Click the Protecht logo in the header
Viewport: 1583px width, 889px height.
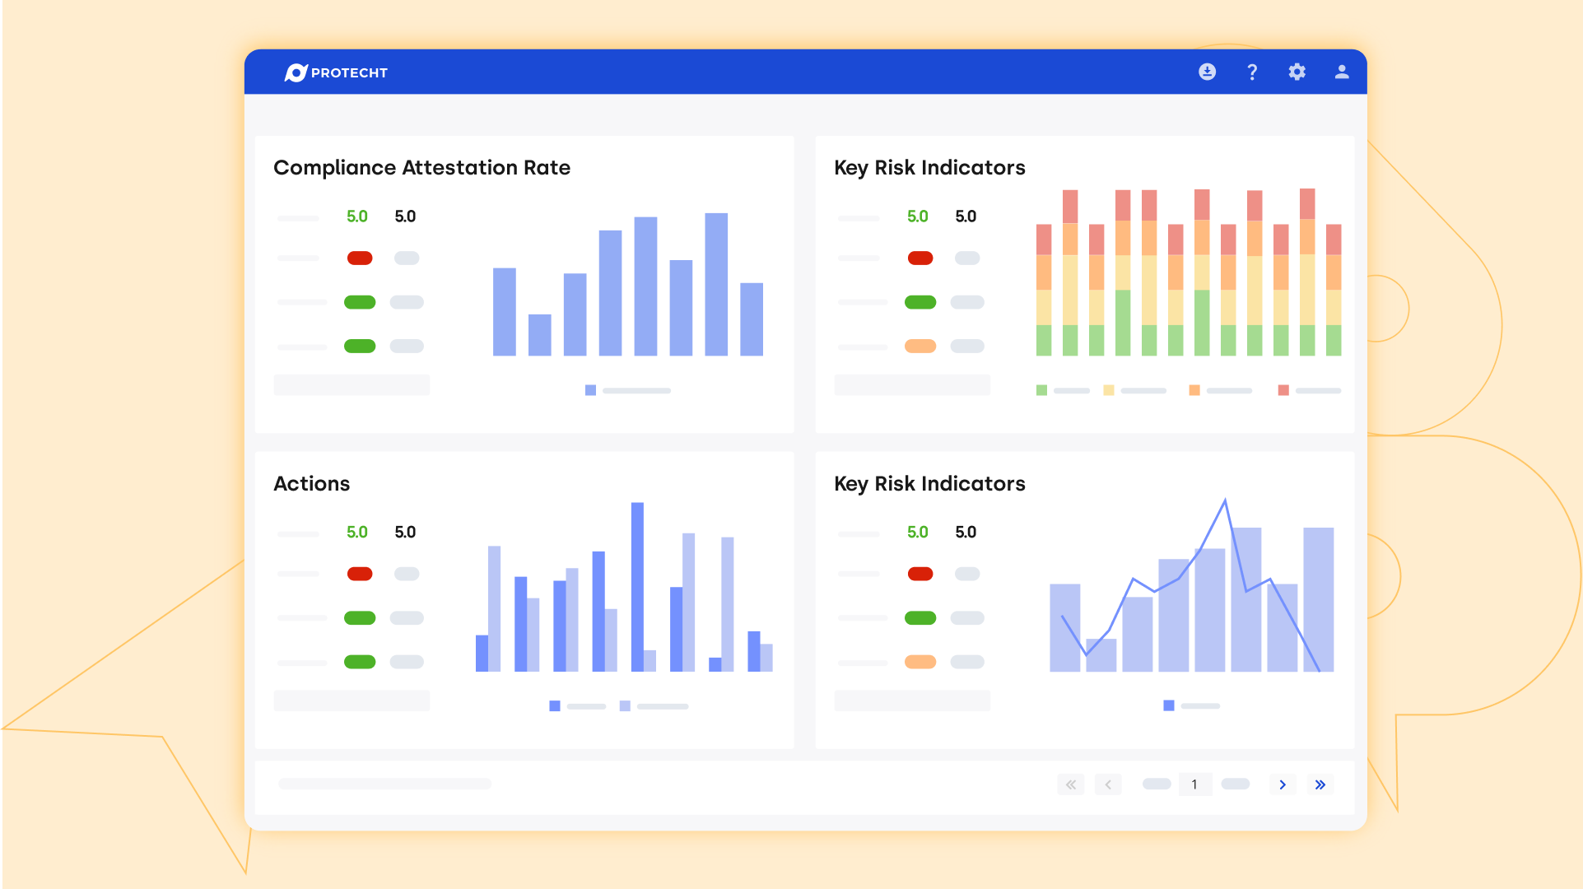coord(336,72)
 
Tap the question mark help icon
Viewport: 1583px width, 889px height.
coord(1252,72)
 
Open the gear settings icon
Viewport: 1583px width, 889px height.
coord(1297,72)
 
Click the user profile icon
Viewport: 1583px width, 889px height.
coord(1342,72)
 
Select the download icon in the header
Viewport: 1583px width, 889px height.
coord(1207,72)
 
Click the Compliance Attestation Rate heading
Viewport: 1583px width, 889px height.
coord(421,168)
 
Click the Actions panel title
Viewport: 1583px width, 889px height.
coord(311,484)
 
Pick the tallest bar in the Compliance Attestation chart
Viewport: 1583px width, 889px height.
coord(716,284)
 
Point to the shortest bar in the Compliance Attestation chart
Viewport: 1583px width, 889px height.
coord(539,335)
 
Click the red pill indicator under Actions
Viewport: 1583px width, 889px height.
coord(360,574)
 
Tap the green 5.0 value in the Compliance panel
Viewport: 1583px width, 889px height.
coord(356,216)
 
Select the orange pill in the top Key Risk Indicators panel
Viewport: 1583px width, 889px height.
coord(920,347)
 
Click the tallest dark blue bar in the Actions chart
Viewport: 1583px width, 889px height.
coord(637,586)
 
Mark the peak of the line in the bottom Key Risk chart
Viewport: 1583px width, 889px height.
coord(1225,500)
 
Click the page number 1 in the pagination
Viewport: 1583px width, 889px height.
coord(1194,784)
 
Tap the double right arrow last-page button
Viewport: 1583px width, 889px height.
coord(1320,784)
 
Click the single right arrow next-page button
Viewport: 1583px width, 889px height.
coord(1283,784)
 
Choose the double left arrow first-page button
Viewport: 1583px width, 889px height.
coord(1071,784)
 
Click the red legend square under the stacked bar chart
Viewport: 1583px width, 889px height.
coord(1283,390)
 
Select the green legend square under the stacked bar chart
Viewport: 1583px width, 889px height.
coord(1041,390)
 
